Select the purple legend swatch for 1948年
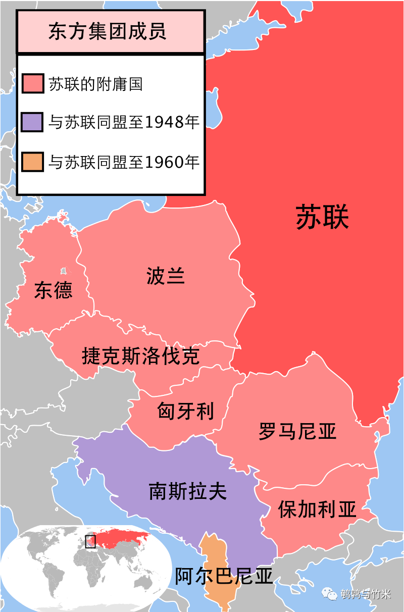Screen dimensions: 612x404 (33, 122)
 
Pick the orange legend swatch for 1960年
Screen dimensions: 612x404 (33, 162)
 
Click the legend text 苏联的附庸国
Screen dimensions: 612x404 (95, 83)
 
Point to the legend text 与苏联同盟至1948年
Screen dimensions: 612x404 (124, 122)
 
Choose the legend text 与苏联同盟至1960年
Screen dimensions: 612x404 (124, 162)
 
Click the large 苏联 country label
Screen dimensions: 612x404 (322, 218)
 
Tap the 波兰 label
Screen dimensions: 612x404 (166, 276)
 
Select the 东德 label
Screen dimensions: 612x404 (53, 290)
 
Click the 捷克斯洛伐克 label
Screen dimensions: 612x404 (140, 356)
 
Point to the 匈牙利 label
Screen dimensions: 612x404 (185, 411)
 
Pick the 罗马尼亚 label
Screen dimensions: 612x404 (297, 431)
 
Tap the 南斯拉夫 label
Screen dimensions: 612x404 (187, 491)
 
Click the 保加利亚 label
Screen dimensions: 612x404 (317, 509)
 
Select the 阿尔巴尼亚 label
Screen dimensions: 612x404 (224, 576)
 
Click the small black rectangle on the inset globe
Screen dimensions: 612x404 (90, 541)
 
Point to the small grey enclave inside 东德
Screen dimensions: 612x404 (63, 271)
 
